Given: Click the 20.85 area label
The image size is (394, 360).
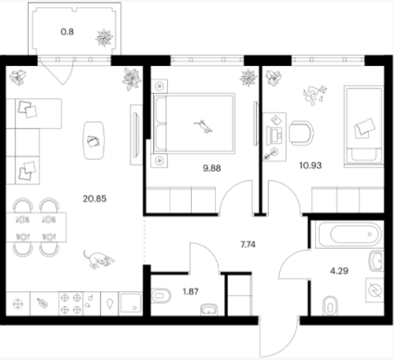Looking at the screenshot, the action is (95, 199).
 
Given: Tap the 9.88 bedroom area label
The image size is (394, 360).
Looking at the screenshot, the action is (211, 168).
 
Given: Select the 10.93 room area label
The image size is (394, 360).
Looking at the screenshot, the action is (311, 165).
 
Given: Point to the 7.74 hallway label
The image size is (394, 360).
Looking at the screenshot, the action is (248, 245).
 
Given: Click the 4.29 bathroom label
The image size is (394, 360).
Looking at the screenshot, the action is (339, 271).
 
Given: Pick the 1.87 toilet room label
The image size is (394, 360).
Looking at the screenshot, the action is (190, 291).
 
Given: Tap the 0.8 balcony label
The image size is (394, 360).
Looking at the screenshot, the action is (67, 32).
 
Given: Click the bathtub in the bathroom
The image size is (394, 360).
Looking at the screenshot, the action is (351, 234).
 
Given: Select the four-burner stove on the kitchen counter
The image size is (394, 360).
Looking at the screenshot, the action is (70, 303).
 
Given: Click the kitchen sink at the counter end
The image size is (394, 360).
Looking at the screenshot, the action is (131, 303).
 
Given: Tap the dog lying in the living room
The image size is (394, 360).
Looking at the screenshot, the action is (99, 260).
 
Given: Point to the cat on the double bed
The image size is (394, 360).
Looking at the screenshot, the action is (203, 126).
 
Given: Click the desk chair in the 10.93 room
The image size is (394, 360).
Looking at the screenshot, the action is (301, 134).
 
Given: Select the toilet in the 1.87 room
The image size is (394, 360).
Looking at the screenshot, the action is (161, 296).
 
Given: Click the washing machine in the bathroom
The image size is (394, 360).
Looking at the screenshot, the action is (375, 290).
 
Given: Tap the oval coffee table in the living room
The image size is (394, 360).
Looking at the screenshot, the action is (94, 140).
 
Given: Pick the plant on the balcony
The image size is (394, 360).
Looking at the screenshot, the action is (104, 38).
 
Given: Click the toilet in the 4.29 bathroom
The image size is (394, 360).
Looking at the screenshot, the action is (330, 306).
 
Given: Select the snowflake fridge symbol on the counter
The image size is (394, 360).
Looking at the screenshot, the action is (18, 303).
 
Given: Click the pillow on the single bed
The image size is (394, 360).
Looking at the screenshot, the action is (364, 128).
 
